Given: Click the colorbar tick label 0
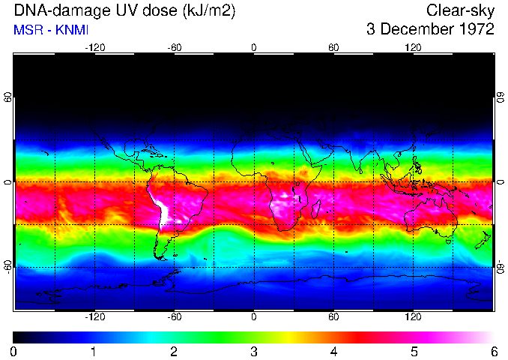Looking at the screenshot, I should coord(13,351).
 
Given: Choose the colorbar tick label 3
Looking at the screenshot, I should coord(253,351).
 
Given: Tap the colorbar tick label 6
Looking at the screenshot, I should coord(493,351).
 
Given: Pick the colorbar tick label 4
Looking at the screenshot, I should coord(333,351).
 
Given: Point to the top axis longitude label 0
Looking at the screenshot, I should coord(253,47).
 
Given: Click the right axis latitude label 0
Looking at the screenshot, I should coord(500,182).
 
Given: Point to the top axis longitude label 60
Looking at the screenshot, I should coord(333,47).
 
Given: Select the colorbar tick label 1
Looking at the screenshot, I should coord(94,351).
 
